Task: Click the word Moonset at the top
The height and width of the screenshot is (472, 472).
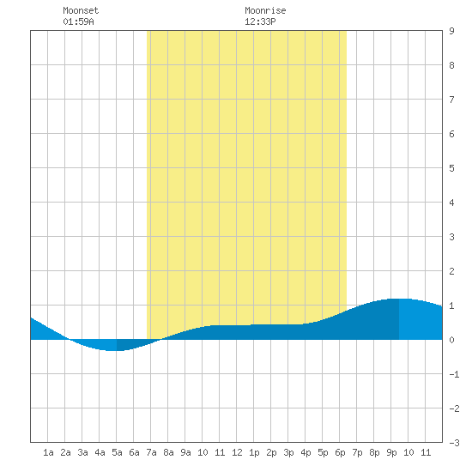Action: point(81,10)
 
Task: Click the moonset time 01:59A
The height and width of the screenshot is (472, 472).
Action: point(78,21)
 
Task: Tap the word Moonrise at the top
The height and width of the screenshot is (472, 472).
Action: point(265,10)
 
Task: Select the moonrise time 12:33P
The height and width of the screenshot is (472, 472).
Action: point(260,21)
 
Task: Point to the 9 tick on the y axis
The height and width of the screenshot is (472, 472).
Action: point(451,31)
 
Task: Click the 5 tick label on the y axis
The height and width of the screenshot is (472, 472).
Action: point(451,168)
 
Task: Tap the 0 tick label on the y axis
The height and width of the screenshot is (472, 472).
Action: point(451,340)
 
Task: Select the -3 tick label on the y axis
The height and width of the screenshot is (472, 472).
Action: point(454,443)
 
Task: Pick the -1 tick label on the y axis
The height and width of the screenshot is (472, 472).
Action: point(454,374)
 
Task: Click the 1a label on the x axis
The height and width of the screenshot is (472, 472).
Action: point(48,452)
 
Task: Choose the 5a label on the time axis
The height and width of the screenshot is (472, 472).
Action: point(117,452)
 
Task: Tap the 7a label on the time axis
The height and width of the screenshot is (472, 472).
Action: point(151,452)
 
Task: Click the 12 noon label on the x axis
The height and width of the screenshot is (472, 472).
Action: point(237,452)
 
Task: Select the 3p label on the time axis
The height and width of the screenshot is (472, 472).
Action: point(288,452)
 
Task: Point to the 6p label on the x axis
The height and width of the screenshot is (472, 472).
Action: point(340,452)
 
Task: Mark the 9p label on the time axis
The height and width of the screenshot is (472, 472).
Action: point(391,452)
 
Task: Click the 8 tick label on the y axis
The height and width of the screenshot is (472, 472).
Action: point(451,65)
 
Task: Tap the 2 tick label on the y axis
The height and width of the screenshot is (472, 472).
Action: point(451,271)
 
